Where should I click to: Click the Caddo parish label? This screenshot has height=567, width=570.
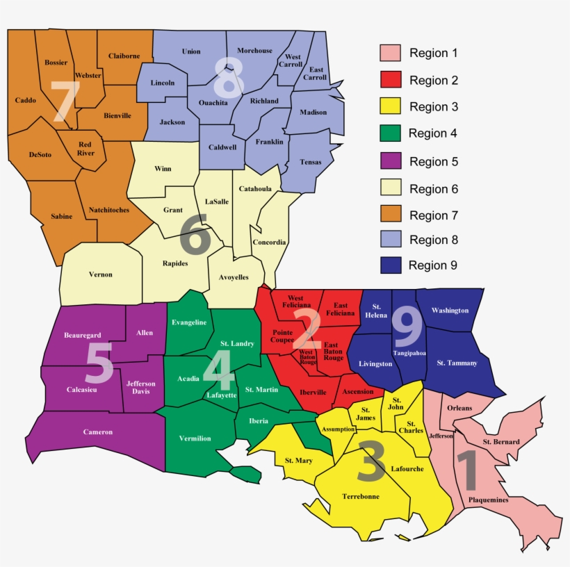coord(26,101)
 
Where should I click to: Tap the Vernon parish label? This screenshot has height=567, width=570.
coord(101,274)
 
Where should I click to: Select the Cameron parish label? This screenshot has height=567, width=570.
coord(98,432)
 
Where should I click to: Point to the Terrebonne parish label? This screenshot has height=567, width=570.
coord(361,497)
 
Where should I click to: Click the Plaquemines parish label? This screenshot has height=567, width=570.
coord(488,500)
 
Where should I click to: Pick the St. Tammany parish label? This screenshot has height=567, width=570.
coord(457,363)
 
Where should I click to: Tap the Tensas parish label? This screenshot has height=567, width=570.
coord(311,163)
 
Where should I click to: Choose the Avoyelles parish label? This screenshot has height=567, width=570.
coord(234,277)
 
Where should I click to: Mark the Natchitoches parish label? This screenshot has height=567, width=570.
coord(109,210)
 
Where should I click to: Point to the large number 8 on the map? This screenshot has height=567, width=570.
coord(229,76)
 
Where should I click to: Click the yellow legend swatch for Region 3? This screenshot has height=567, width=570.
coord(391,107)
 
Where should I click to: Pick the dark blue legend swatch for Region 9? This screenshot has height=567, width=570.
coord(391,265)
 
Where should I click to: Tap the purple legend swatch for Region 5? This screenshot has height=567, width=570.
coord(391,162)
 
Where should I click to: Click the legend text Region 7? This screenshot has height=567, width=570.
coord(429,215)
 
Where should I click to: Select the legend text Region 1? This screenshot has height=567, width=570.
coord(433,54)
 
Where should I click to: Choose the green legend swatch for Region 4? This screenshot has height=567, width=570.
coord(391,133)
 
